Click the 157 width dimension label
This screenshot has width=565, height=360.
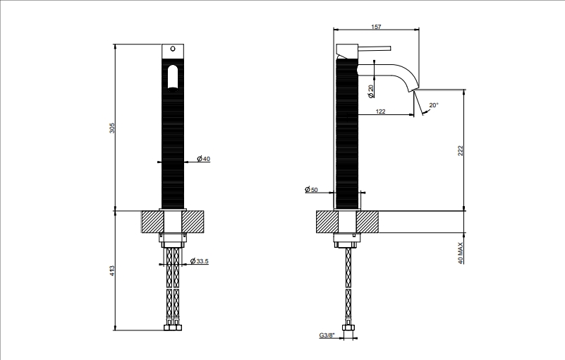376,27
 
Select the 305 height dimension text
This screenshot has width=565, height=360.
112,128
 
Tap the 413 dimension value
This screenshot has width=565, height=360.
112,271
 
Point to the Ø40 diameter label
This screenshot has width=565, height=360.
203,159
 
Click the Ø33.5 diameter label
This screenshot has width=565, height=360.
199,260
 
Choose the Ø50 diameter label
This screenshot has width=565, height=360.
311,189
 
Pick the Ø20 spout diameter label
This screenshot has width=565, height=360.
370,91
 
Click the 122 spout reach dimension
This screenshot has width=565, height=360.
380,112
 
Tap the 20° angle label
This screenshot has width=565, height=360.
434,105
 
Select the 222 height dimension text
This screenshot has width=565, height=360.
460,151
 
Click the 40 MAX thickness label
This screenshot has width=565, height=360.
461,253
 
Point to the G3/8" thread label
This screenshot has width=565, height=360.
327,335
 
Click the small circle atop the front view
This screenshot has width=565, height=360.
173,49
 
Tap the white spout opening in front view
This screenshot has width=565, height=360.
173,77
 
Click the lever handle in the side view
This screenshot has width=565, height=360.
374,48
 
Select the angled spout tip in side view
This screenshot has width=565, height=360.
413,89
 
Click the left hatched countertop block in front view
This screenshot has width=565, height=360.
153,222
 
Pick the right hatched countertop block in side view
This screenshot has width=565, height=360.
367,222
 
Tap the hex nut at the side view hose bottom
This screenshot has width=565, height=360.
348,328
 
